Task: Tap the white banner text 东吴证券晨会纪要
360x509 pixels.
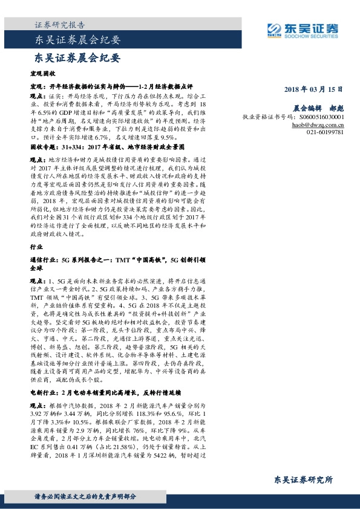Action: [75, 40]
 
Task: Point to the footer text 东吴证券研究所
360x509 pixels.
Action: [303, 480]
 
